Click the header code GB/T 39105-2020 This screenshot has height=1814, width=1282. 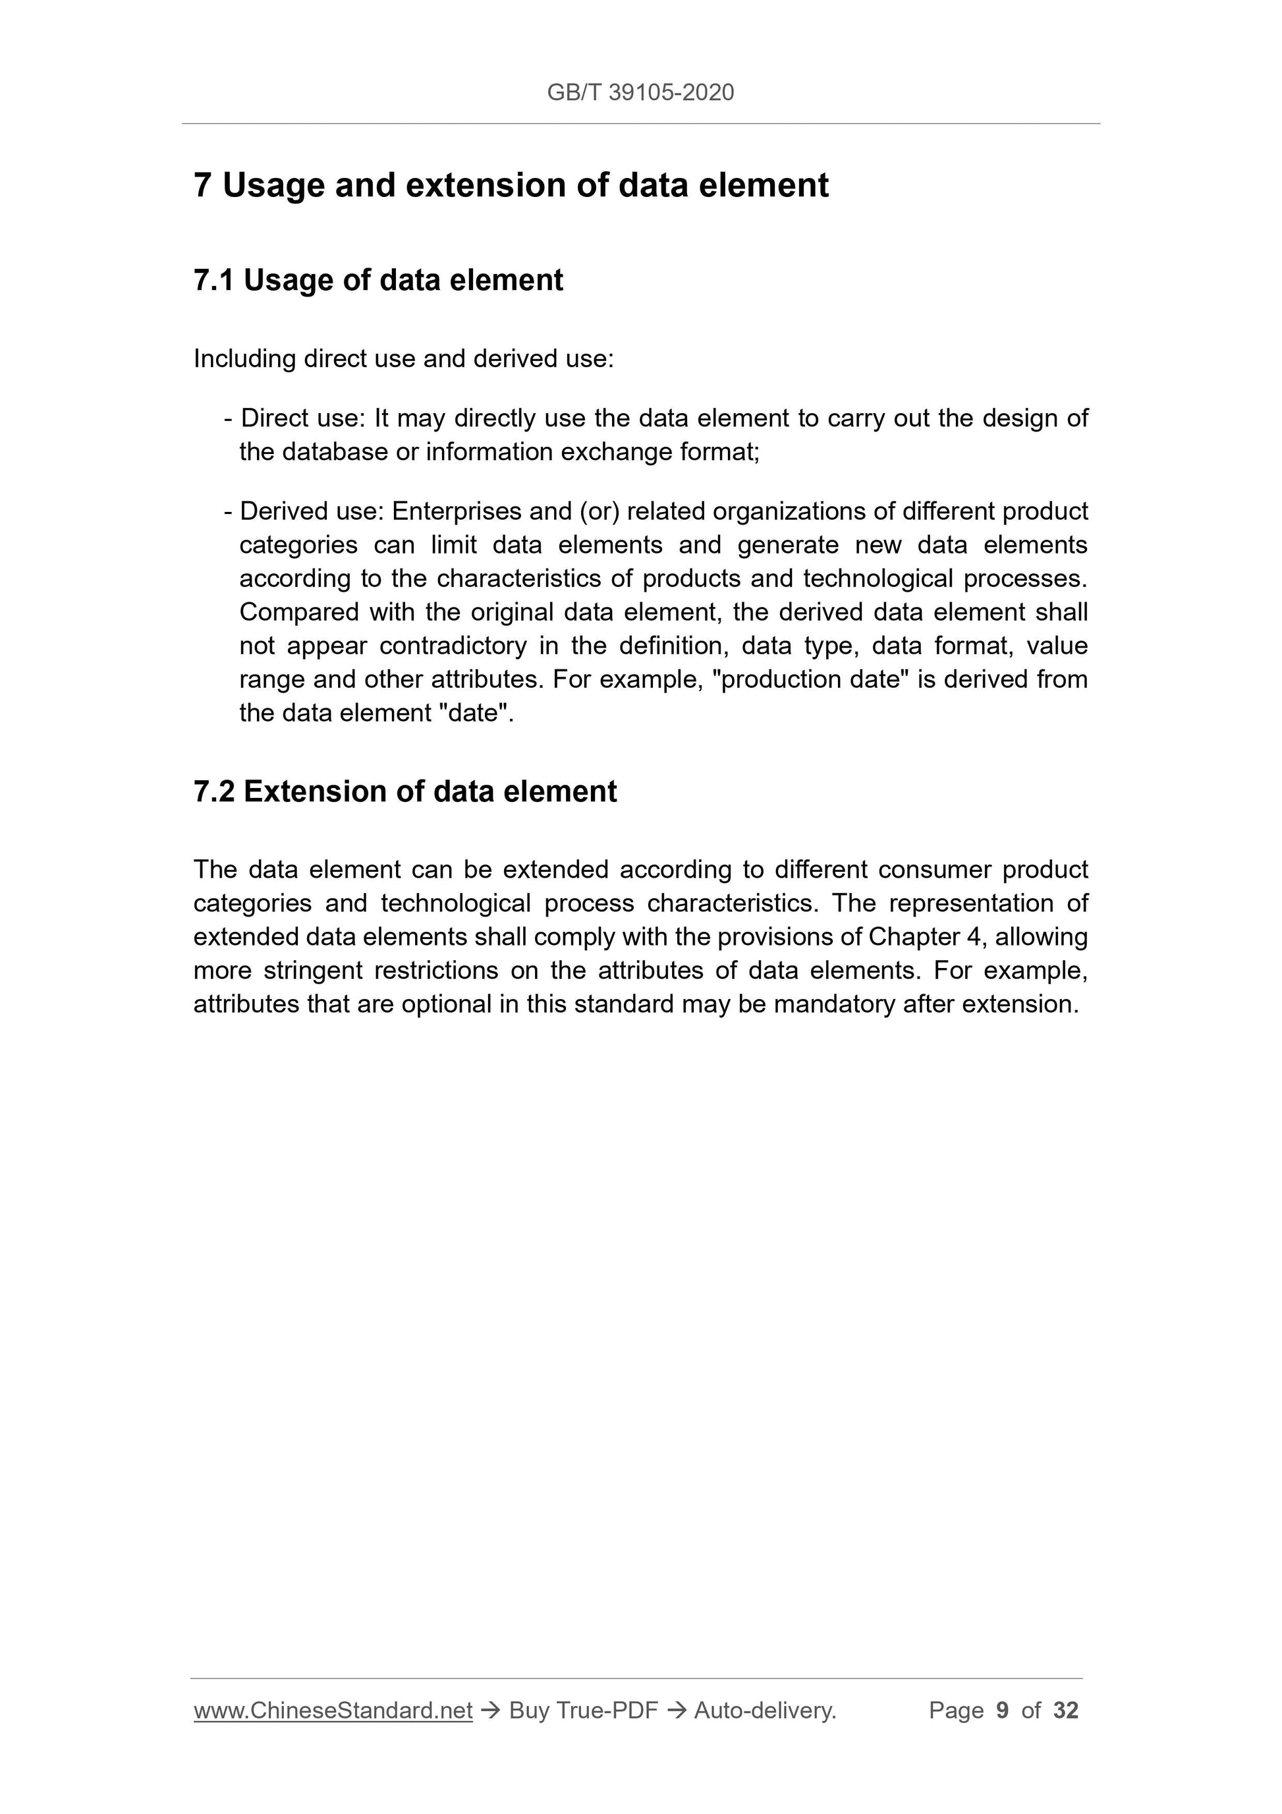click(640, 92)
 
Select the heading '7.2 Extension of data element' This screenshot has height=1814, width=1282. click(404, 791)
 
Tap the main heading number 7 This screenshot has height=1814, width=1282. click(202, 186)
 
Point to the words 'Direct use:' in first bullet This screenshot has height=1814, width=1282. click(300, 418)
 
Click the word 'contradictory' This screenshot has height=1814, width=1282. click(453, 646)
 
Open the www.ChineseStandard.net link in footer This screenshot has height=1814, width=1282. click(333, 1711)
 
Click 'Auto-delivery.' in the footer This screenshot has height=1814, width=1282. click(765, 1711)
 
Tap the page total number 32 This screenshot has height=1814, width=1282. click(1065, 1711)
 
